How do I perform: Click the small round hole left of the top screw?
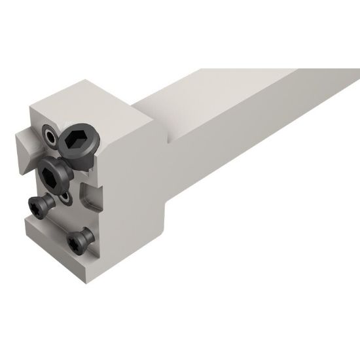50,137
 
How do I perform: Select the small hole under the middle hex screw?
65,196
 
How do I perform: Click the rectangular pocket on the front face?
90,194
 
